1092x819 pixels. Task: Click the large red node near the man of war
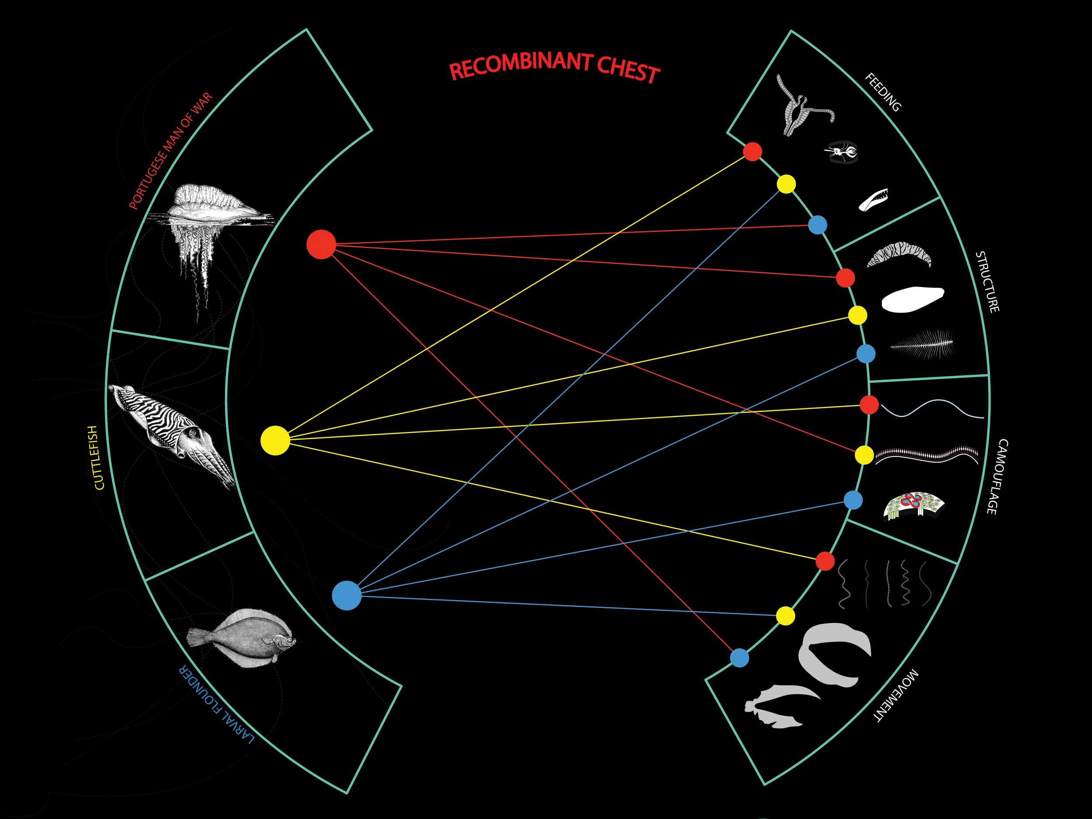pyautogui.click(x=321, y=244)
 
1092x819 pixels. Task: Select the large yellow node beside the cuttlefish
pyautogui.click(x=275, y=440)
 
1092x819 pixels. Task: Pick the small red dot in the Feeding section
pyautogui.click(x=752, y=152)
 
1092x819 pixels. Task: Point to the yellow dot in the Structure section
pyautogui.click(x=857, y=315)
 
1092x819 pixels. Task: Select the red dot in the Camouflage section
pyautogui.click(x=869, y=405)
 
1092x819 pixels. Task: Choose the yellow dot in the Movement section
pyautogui.click(x=785, y=615)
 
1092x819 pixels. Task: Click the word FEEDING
pyautogui.click(x=884, y=92)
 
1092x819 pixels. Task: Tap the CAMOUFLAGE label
pyautogui.click(x=997, y=477)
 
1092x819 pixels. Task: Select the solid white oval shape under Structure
pyautogui.click(x=912, y=299)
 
